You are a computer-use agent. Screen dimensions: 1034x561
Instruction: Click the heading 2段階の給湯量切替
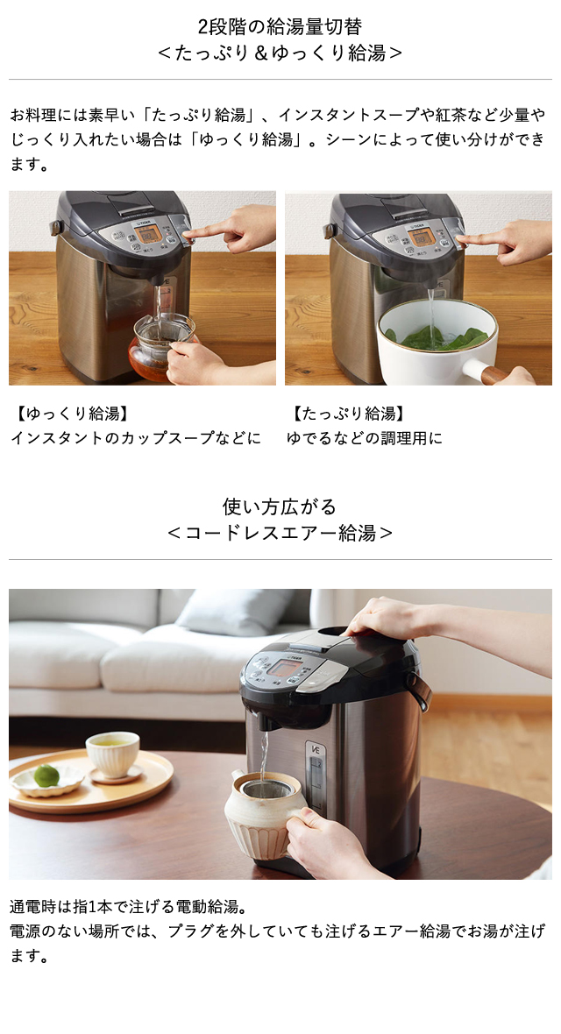tap(280, 26)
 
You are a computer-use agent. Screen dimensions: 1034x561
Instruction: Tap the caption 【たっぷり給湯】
tap(348, 413)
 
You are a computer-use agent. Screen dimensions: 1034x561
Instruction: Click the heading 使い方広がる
tap(280, 506)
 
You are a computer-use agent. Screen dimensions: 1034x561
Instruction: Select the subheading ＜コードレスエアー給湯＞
tap(280, 533)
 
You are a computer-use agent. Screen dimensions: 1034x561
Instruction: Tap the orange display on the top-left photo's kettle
tap(149, 234)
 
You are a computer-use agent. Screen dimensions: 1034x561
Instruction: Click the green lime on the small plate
tap(46, 775)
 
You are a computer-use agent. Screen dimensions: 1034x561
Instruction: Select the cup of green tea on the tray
tap(112, 752)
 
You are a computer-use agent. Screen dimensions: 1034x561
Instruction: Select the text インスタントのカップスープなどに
tap(136, 437)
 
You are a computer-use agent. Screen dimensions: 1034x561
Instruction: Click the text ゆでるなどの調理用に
tap(365, 437)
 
